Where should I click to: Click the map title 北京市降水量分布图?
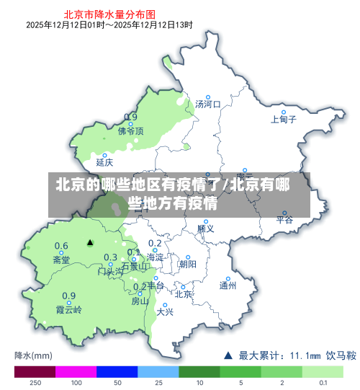[x=109, y=13]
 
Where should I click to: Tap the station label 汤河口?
[x=208, y=105]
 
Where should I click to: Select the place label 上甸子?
[x=284, y=120]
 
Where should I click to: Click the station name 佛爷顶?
[x=131, y=131]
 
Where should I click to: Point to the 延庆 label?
[x=105, y=163]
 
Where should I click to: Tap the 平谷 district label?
[x=285, y=220]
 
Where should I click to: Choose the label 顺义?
[x=206, y=229]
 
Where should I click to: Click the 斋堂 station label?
[x=62, y=260]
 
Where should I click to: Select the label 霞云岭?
[x=69, y=310]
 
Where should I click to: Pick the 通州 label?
[x=228, y=285]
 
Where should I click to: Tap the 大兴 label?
[x=165, y=312]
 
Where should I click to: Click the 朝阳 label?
[x=187, y=265]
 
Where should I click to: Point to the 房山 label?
[x=140, y=301]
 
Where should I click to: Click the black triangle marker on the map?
[x=90, y=243]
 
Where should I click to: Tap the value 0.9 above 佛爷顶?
[x=130, y=118]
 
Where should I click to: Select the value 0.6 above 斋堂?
[x=62, y=246]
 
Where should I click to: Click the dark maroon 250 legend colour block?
[x=35, y=372]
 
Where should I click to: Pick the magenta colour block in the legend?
[x=76, y=372]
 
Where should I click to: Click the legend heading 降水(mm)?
[x=33, y=355]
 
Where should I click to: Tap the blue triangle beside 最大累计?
[x=228, y=355]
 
